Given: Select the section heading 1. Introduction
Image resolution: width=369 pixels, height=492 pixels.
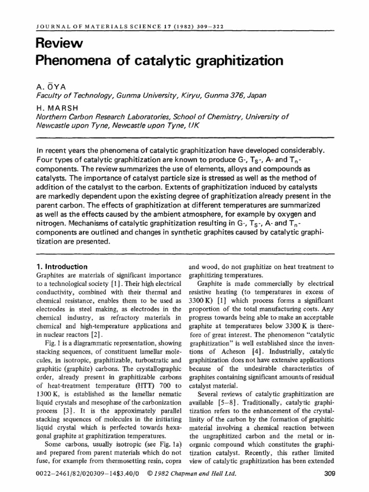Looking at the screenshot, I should coord(62,267).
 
